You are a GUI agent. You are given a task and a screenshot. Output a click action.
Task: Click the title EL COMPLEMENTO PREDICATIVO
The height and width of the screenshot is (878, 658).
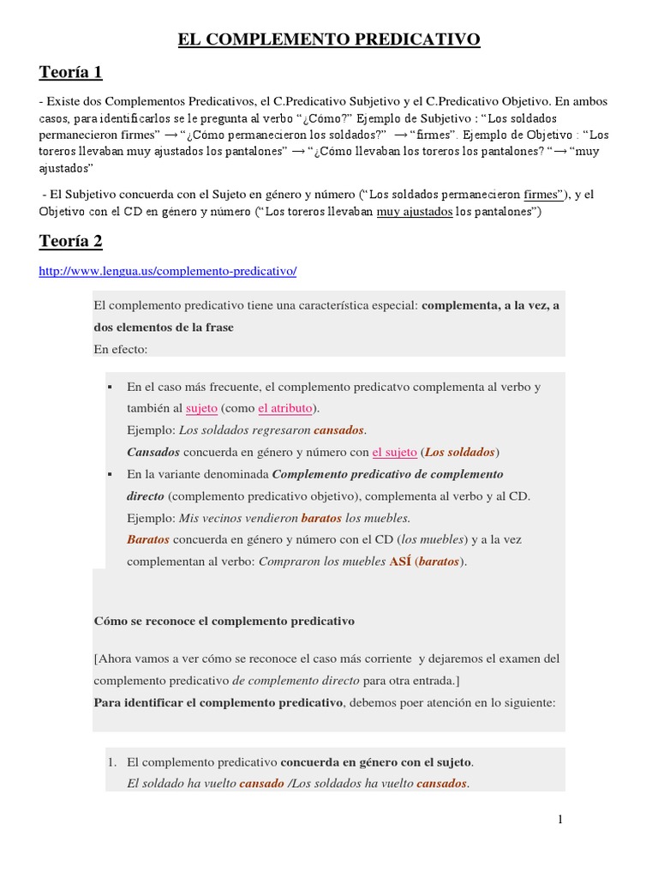[329, 39]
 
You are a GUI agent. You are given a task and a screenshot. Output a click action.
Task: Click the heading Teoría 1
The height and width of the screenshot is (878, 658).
[71, 73]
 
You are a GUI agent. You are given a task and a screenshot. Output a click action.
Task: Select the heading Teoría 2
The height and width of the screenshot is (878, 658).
[71, 241]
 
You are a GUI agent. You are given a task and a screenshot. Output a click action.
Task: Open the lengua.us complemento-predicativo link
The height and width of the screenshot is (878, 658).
[168, 271]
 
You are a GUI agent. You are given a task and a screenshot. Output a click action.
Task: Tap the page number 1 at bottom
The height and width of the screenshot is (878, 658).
[560, 820]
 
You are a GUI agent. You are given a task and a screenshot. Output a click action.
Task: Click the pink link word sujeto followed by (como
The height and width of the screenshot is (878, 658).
[201, 408]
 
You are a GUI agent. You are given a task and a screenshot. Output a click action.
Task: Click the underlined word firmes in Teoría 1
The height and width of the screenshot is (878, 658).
[542, 195]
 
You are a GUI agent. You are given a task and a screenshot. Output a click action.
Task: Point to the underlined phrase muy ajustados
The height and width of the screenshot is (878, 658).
[415, 213]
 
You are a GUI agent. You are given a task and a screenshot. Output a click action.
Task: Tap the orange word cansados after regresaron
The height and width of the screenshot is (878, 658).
[339, 430]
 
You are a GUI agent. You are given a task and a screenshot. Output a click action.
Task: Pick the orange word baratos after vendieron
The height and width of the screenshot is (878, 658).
[321, 518]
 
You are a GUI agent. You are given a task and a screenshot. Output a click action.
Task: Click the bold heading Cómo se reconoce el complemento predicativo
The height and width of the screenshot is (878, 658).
[224, 621]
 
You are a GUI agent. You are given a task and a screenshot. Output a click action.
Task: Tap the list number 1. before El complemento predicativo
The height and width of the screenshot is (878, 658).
[111, 761]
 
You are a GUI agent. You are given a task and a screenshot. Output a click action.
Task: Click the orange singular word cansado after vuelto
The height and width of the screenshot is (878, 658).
[261, 784]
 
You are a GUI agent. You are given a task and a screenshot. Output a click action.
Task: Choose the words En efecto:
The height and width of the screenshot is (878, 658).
[121, 349]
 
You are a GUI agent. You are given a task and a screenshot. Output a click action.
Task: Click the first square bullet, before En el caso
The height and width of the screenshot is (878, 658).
[111, 388]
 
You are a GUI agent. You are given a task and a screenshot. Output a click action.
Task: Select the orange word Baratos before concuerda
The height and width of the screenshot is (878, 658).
[148, 540]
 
